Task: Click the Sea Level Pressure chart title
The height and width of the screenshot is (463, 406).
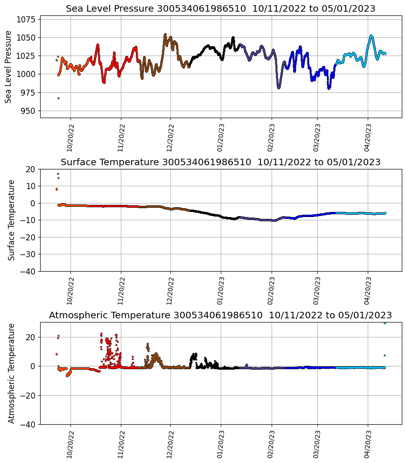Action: (x=220, y=9)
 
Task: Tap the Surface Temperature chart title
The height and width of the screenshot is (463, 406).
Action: (x=220, y=162)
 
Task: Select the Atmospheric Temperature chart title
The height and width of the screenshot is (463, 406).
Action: (x=220, y=316)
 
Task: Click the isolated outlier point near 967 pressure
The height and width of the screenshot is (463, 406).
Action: (x=58, y=98)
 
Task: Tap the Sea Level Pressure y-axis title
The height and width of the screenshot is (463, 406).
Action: (x=8, y=67)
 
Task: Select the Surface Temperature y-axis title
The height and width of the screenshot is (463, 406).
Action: (x=12, y=220)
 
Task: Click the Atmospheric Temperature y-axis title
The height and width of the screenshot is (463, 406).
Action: (x=12, y=373)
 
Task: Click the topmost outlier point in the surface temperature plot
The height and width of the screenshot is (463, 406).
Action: (x=58, y=174)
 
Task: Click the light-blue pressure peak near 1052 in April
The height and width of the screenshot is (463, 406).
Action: (x=371, y=36)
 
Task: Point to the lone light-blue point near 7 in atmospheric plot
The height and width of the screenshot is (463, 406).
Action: (x=385, y=355)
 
